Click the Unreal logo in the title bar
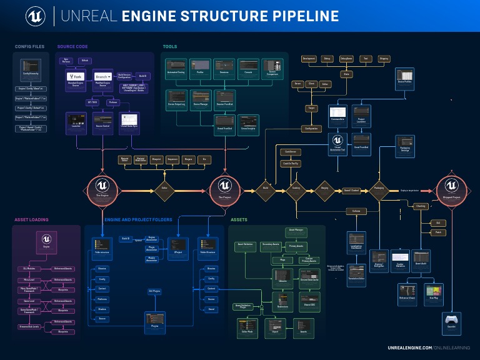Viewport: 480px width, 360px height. [x=35, y=16]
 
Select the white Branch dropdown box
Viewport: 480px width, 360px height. [x=102, y=77]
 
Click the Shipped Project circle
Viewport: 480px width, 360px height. [x=451, y=188]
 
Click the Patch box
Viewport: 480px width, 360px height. [x=438, y=232]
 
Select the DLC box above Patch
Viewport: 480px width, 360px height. [x=438, y=222]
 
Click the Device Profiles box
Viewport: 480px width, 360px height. [x=404, y=77]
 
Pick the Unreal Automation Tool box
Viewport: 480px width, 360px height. [x=337, y=143]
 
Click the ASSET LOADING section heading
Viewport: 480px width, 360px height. [x=31, y=220]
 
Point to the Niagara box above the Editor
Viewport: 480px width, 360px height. [x=188, y=159]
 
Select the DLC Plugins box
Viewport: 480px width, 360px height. [x=154, y=291]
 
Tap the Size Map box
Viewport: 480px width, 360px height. [x=433, y=294]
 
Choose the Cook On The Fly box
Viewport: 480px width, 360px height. [x=289, y=163]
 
